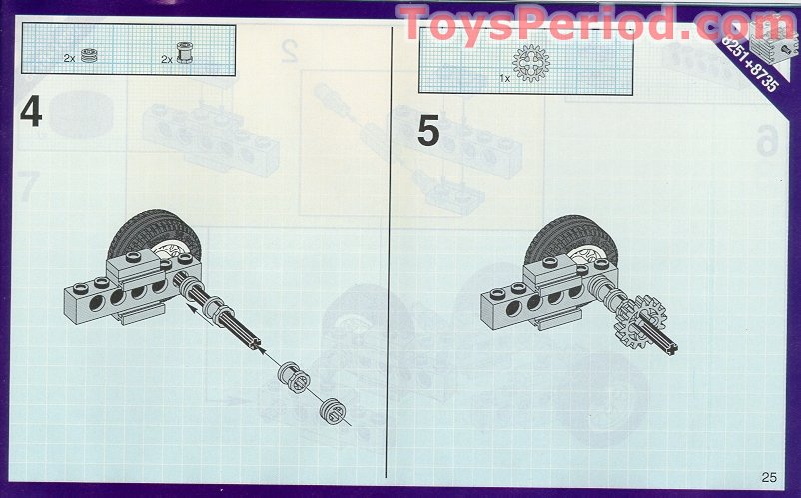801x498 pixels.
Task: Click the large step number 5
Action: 428,131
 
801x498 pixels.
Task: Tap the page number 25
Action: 769,477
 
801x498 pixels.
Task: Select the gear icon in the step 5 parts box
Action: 531,63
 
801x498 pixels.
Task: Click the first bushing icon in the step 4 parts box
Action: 89,55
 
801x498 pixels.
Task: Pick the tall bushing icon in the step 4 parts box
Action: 185,53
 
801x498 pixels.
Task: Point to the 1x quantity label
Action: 504,79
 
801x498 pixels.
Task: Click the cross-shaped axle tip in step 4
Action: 255,344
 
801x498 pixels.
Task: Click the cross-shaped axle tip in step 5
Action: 671,349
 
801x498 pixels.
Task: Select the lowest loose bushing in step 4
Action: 333,411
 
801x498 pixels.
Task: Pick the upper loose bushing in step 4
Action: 294,378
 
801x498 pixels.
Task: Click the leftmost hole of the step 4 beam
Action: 96,304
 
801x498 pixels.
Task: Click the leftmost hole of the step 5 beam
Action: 513,308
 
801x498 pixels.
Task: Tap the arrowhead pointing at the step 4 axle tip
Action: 261,349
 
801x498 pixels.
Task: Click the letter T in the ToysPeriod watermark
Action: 416,23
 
